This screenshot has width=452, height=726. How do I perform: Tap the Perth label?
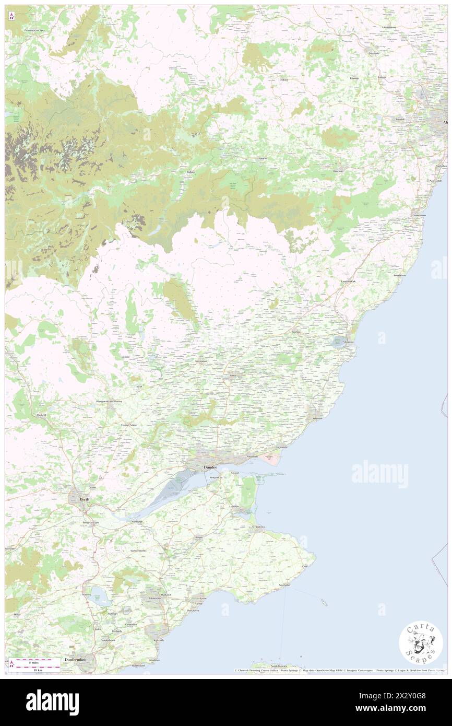[x=84, y=499]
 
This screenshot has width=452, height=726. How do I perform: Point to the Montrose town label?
[x=349, y=342]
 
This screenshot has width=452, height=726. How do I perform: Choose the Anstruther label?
[x=284, y=585]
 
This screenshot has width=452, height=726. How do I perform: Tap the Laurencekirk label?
[x=349, y=282]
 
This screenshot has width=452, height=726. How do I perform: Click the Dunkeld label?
[x=42, y=415]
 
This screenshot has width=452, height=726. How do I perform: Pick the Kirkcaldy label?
[x=159, y=640]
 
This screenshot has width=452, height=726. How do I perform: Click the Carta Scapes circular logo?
[x=421, y=642]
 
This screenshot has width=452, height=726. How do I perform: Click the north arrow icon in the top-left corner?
[x=12, y=16]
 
